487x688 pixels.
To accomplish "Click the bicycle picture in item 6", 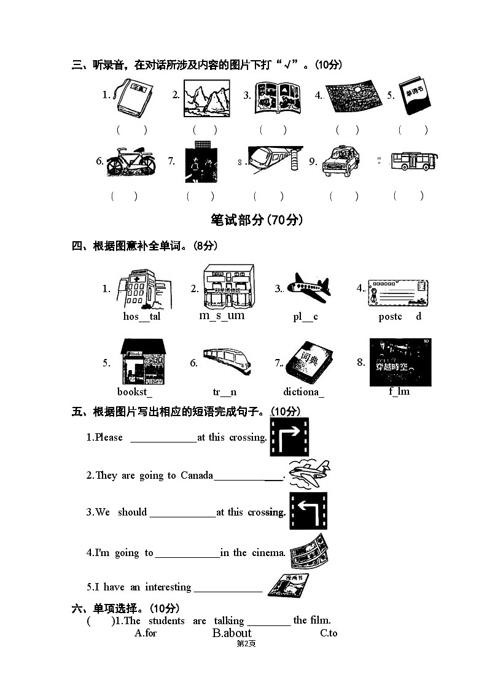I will click(130, 162).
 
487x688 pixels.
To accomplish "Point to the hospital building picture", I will click(145, 288).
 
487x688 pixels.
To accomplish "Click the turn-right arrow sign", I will click(289, 436).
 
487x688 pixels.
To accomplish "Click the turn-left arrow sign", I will click(308, 511).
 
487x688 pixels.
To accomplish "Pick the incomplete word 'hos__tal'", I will click(142, 317).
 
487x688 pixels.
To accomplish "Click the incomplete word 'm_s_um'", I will click(222, 315).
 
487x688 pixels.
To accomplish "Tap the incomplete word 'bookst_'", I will click(135, 392).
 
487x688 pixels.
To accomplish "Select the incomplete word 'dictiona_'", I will click(304, 392).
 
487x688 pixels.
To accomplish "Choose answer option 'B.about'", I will click(232, 633).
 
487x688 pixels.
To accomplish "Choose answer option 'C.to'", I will click(329, 633).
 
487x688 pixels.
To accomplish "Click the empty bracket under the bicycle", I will click(124, 196).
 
